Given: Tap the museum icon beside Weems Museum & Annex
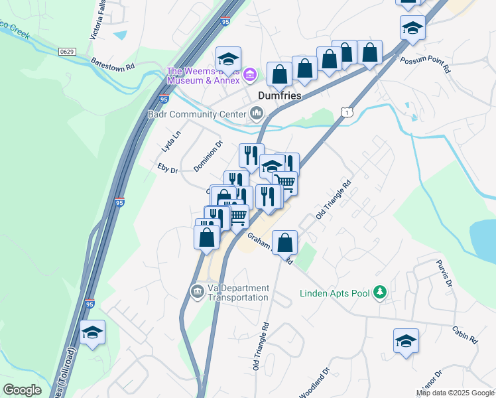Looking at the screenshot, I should (x=249, y=74).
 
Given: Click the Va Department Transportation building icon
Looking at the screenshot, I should (x=197, y=291).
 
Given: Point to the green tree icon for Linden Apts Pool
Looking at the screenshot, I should (x=380, y=292).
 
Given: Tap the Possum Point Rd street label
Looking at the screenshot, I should (x=425, y=64).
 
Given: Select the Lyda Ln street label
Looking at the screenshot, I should (x=171, y=141).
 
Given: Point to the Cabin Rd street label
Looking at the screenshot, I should (x=465, y=333).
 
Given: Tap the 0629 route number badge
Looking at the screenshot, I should (x=67, y=51).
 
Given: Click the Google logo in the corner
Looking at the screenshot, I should (x=22, y=390).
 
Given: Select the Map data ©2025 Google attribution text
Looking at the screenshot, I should (x=455, y=393).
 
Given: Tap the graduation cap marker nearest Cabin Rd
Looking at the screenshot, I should (x=406, y=341).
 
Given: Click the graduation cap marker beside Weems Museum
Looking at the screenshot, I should (x=228, y=58).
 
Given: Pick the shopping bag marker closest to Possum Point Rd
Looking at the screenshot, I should (x=370, y=52).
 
